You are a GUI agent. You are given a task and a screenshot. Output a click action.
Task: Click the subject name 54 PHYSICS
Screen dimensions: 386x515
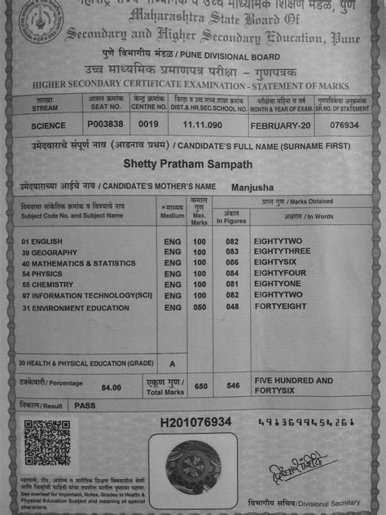point(47,275)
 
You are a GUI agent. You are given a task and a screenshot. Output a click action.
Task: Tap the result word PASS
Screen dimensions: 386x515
point(85,404)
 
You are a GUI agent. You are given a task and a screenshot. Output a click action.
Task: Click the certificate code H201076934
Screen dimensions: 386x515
point(196,422)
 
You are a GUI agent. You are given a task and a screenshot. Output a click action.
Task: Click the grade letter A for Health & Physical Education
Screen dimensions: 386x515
point(171,363)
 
